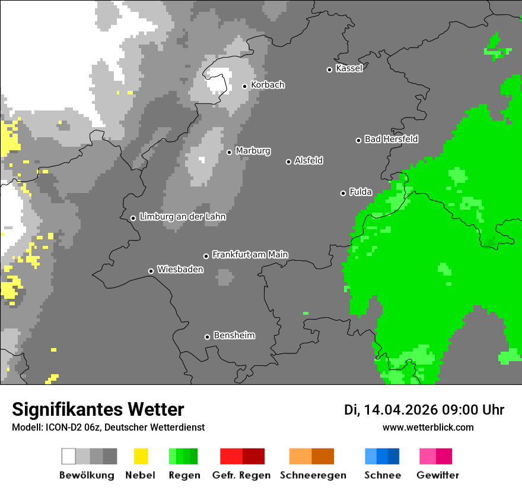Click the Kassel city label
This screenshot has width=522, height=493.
pyautogui.click(x=349, y=68)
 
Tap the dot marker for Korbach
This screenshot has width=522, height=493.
pyautogui.click(x=244, y=86)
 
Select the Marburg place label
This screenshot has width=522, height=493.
pyautogui.click(x=253, y=151)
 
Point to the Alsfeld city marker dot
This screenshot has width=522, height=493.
pyautogui.click(x=288, y=162)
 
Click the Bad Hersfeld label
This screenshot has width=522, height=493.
pyautogui.click(x=391, y=139)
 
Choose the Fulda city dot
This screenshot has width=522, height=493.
pyautogui.click(x=343, y=193)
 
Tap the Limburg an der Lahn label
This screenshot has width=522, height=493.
pyautogui.click(x=182, y=217)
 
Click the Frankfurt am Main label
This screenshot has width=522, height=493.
pyautogui.click(x=250, y=255)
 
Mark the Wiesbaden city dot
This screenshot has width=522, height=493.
pyautogui.click(x=151, y=271)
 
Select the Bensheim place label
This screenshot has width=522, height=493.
pyautogui.click(x=234, y=336)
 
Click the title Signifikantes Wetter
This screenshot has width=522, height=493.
pyautogui.click(x=98, y=410)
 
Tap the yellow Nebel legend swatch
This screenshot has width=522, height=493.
pyautogui.click(x=141, y=456)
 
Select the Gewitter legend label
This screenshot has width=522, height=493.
pyautogui.click(x=438, y=475)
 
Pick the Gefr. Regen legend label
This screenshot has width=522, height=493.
pyautogui.click(x=241, y=475)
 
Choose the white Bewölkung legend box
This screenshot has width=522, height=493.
pyautogui.click(x=69, y=456)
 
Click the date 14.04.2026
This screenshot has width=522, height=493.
pyautogui.click(x=400, y=410)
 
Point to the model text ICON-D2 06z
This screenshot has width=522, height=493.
pyautogui.click(x=72, y=428)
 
